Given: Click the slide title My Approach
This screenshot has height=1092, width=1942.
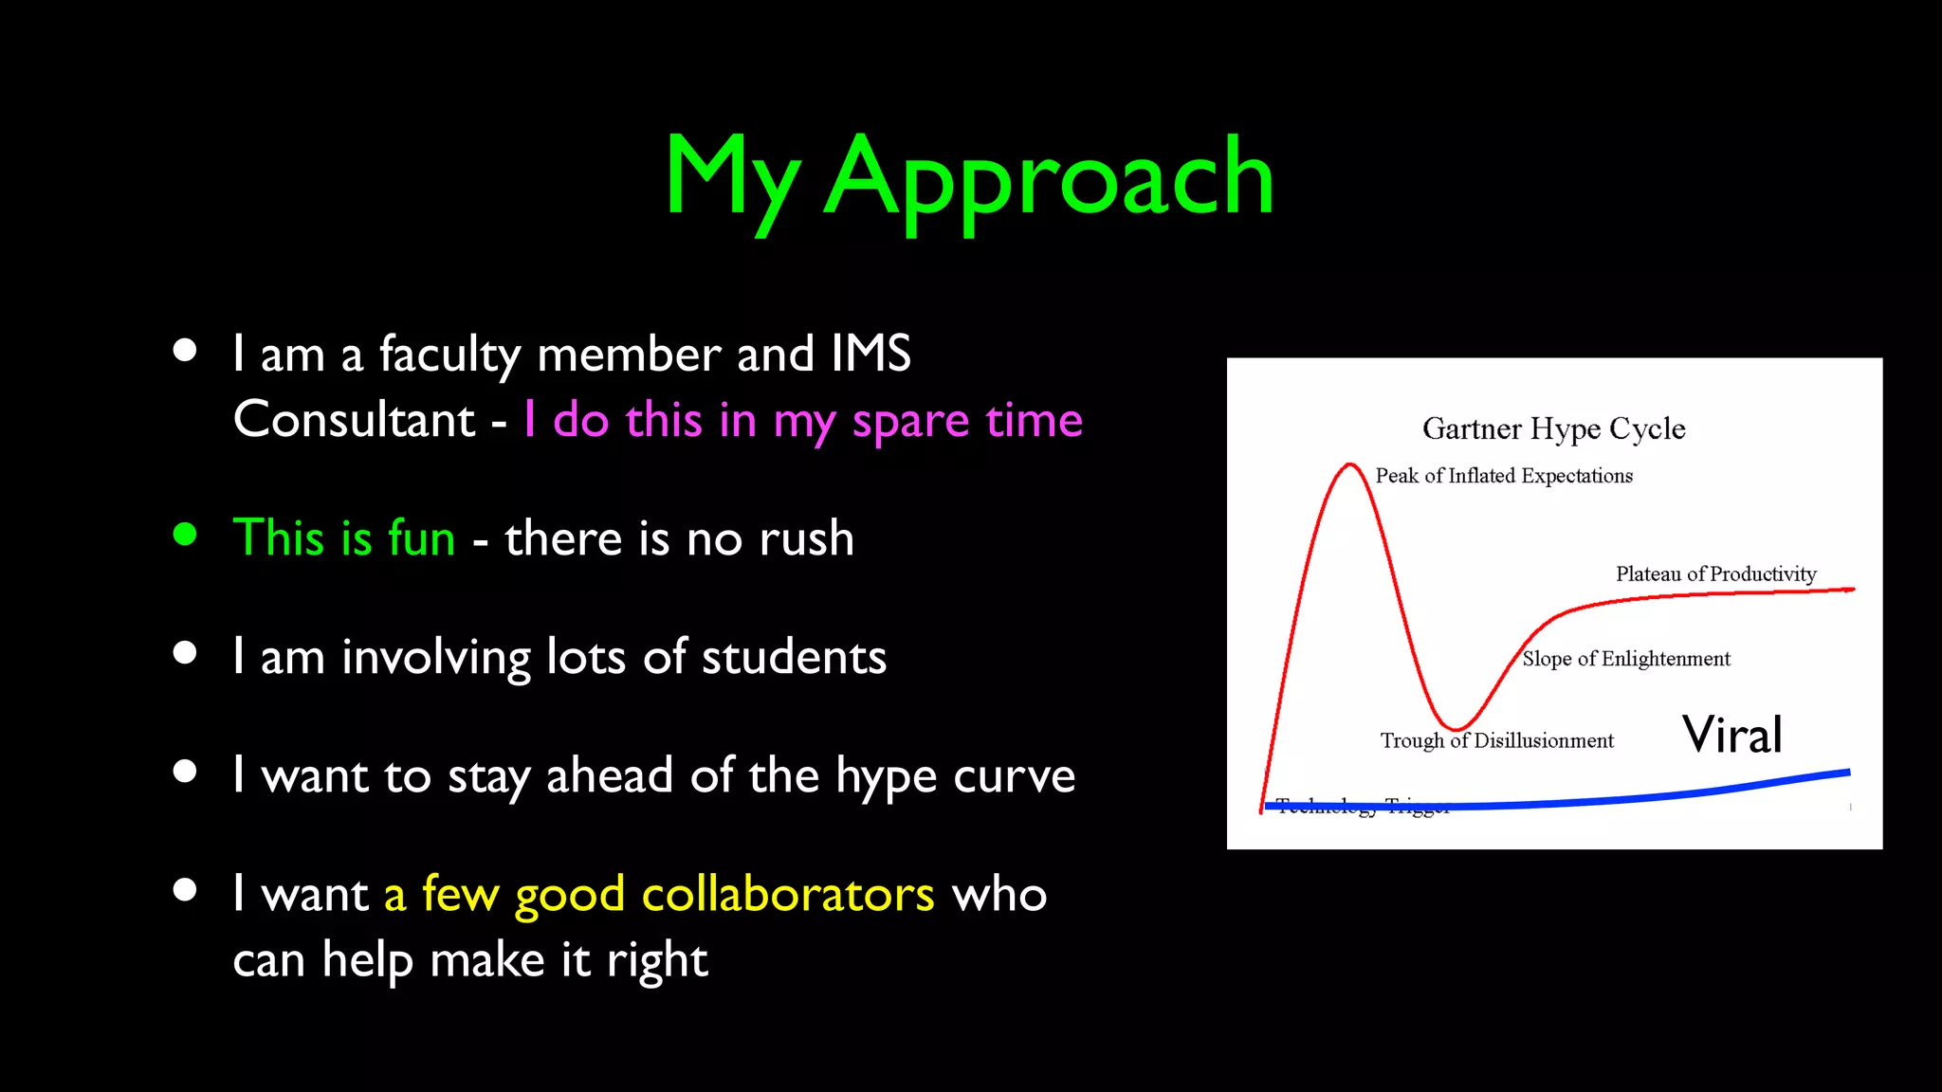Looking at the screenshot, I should coord(969,177).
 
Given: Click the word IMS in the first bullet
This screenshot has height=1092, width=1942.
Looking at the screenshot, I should coord(870,354).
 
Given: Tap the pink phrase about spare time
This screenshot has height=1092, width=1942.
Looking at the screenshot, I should coord(802,420).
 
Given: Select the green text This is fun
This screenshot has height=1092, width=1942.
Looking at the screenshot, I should coord(344,537).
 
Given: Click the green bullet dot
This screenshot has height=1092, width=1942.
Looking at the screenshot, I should coord(185,534).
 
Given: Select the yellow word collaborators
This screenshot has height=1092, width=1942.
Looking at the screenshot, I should coord(787,894).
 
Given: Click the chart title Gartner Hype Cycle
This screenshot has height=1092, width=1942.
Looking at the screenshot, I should coord(1553,428).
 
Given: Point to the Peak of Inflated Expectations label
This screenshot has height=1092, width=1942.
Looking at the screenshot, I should coord(1504,476).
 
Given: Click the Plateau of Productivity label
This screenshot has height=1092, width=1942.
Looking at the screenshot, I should coord(1715,573).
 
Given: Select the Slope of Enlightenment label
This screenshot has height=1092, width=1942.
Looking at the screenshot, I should coord(1626,659).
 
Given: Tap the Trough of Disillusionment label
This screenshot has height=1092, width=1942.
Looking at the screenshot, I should coord(1496,740).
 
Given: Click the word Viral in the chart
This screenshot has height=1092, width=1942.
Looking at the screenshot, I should coord(1732,735).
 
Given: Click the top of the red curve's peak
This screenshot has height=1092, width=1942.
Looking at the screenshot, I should coord(1348,464).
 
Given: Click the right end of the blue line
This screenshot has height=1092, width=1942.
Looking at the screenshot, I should coord(1848,773).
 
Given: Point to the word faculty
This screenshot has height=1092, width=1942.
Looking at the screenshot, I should coord(449,355).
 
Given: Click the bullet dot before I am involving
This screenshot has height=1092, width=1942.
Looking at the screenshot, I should coord(185,652).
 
